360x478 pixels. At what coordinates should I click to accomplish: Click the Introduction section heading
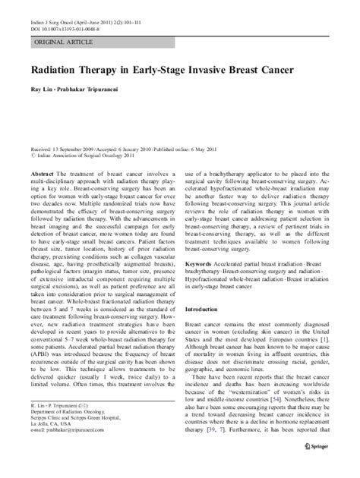click(216, 331)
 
